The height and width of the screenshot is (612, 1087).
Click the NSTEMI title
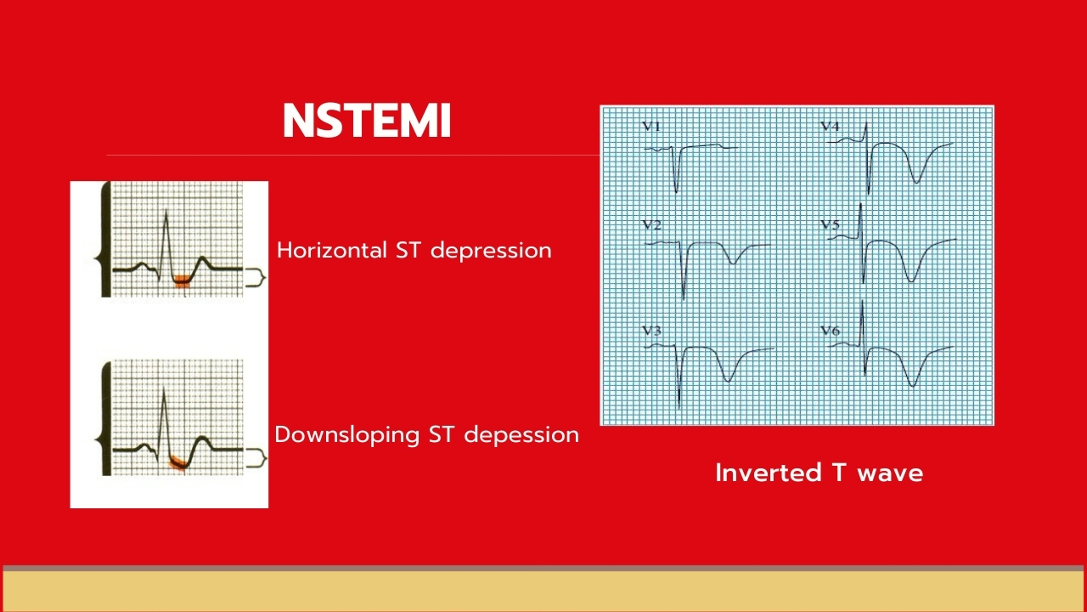367,121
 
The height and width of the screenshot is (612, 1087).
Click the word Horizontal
332,250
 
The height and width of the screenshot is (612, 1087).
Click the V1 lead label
651,127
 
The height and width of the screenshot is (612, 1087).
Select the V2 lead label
651,225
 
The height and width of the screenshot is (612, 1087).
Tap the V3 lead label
651,331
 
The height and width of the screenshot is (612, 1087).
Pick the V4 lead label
830,127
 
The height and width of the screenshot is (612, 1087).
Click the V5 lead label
830,225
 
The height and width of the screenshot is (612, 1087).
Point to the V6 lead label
830,331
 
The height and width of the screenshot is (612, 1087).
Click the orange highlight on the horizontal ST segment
182,280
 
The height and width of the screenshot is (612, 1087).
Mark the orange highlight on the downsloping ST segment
177,463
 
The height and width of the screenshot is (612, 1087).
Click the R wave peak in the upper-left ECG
166,211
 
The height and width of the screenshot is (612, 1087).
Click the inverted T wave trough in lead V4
916,182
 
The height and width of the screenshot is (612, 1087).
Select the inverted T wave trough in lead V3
728,380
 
